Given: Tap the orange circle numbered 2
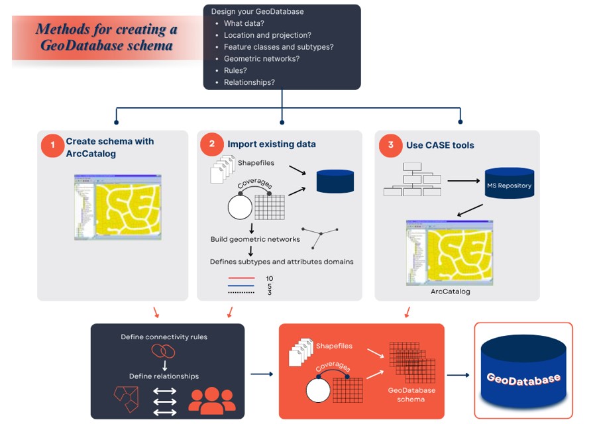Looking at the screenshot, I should click(x=211, y=144).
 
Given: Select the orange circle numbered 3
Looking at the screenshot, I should click(x=391, y=145).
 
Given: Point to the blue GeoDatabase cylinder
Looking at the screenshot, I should click(x=523, y=372).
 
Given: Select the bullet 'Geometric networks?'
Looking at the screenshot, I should click(x=262, y=59).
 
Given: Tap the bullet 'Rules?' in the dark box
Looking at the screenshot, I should click(x=237, y=71).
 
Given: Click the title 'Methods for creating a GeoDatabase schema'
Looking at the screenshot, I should click(x=107, y=38).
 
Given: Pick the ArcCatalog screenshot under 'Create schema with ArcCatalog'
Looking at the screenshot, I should click(x=117, y=207).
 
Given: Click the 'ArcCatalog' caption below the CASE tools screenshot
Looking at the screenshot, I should click(x=450, y=291).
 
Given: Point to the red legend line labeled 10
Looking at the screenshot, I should click(x=242, y=279).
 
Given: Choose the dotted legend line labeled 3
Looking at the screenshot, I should click(x=242, y=292).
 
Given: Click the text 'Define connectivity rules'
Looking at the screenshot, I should click(x=164, y=337).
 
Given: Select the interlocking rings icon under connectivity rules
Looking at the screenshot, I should click(x=163, y=351).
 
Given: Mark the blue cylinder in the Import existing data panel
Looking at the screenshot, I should click(x=335, y=181).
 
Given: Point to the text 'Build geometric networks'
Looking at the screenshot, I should click(x=255, y=239).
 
